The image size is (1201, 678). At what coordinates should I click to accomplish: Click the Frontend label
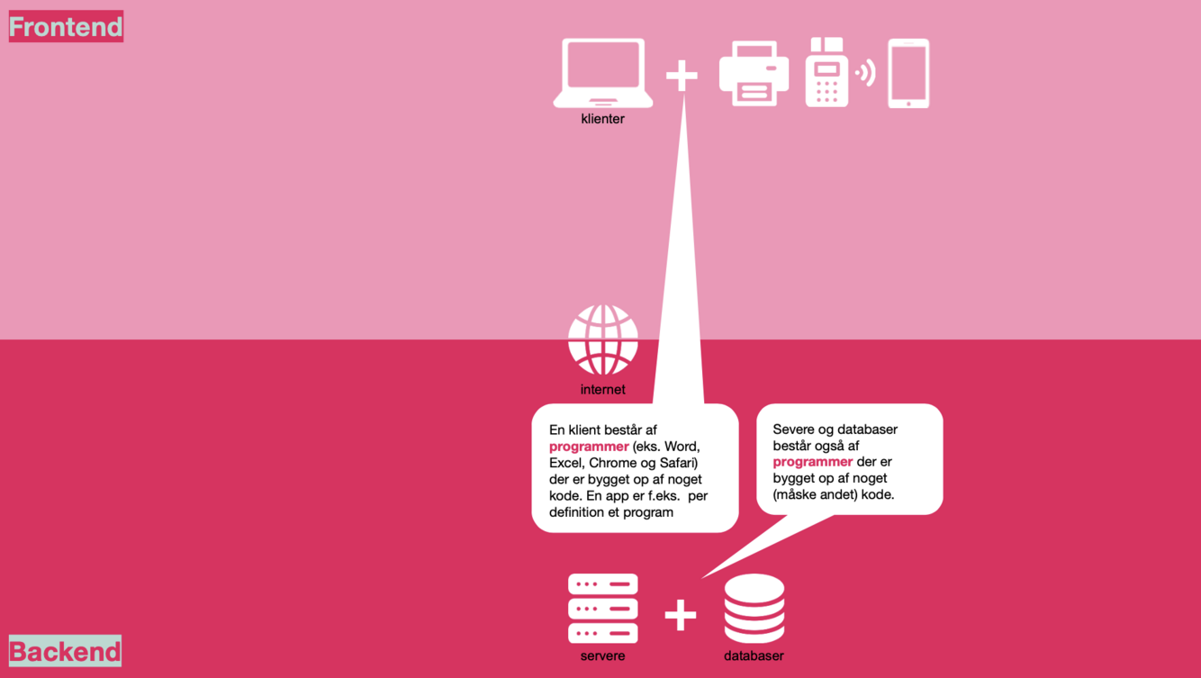[x=66, y=27]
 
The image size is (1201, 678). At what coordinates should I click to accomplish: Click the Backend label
[x=65, y=651]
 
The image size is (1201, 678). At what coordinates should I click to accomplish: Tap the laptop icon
[x=603, y=73]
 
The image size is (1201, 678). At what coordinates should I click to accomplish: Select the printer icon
[x=754, y=74]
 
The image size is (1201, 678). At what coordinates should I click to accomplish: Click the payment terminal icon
[x=826, y=73]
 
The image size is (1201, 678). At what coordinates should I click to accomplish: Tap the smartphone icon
[x=908, y=74]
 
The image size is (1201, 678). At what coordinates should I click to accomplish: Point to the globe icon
[x=603, y=340]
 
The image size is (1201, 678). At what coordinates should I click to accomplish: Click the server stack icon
[x=603, y=609]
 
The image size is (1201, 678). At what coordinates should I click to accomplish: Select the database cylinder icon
[x=754, y=609]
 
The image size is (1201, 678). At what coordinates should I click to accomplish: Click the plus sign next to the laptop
[x=682, y=76]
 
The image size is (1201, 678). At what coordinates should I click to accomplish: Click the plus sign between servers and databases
[x=681, y=616]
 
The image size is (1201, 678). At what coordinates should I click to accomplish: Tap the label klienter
[x=603, y=119]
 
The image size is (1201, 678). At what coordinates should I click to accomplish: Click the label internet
[x=603, y=390]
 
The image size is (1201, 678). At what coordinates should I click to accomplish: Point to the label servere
[x=603, y=656]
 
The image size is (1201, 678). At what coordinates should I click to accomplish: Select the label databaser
[x=754, y=656]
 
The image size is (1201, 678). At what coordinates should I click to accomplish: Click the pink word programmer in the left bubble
[x=589, y=447]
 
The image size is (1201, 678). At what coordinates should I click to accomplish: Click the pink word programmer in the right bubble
[x=812, y=462]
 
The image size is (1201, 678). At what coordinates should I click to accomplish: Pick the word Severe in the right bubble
[x=794, y=429]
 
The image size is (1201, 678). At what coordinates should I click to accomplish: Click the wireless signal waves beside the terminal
[x=866, y=73]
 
